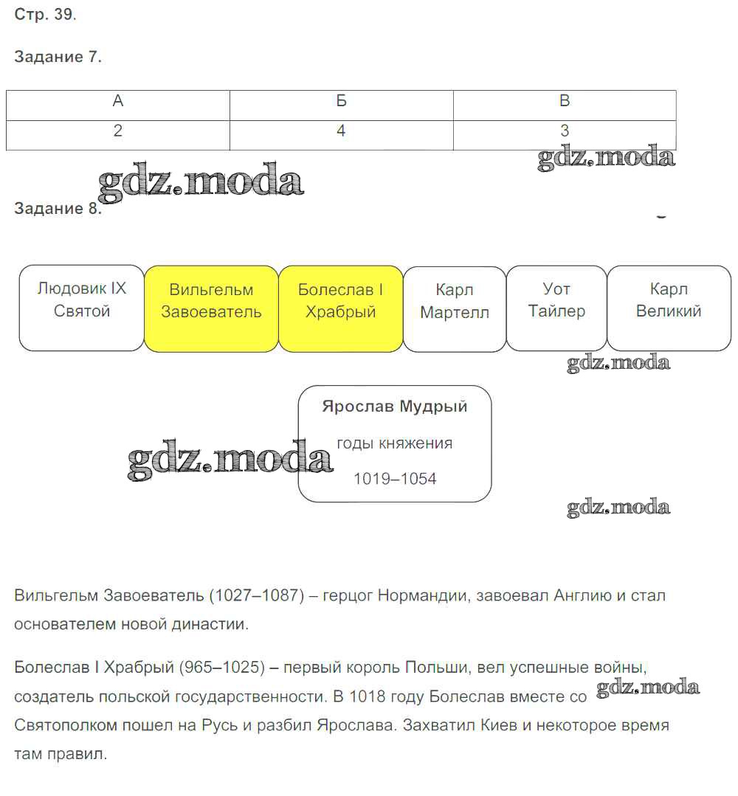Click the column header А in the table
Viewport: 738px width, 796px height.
(118, 102)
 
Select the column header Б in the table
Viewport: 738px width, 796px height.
(341, 102)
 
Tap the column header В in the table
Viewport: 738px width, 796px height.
(565, 102)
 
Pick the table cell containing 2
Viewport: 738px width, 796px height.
(118, 131)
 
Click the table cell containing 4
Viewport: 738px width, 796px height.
(341, 131)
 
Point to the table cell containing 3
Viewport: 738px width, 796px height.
(565, 131)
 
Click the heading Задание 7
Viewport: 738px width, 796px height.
(58, 57)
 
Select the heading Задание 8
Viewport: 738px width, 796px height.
(57, 209)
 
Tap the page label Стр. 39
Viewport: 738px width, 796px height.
(45, 15)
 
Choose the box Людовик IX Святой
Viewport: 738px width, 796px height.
(82, 308)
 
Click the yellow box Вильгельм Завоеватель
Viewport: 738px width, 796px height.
(211, 308)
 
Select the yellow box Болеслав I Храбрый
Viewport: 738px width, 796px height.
(341, 308)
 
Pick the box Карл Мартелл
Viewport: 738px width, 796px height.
(455, 308)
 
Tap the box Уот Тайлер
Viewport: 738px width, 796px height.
(556, 308)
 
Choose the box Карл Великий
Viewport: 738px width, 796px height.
(669, 308)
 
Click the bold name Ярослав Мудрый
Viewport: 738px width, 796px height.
(395, 407)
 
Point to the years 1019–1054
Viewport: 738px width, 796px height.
(395, 479)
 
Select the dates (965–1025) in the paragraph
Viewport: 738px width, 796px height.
(221, 668)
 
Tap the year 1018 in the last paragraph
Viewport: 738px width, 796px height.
(368, 696)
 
